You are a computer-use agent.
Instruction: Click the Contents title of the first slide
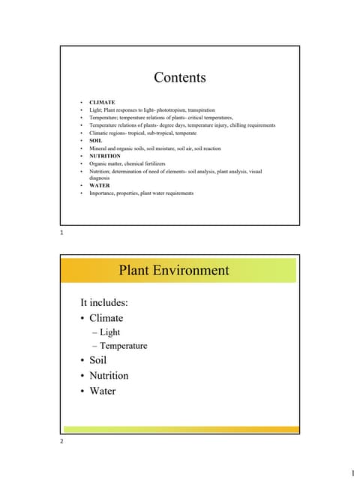pyautogui.click(x=179, y=77)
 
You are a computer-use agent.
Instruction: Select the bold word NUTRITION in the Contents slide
pyautogui.click(x=105, y=156)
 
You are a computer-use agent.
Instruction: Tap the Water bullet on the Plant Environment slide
pyautogui.click(x=103, y=391)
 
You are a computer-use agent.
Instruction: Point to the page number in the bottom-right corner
pyautogui.click(x=352, y=472)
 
